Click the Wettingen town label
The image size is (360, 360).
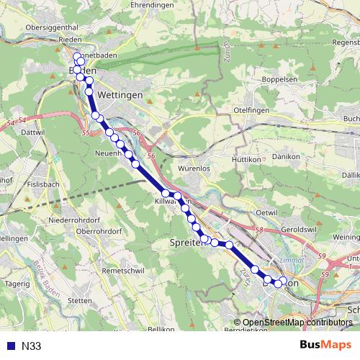119,94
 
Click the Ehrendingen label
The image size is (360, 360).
153,5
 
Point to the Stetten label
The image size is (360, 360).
79,300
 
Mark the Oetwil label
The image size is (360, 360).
266,212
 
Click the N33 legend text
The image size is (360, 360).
31,346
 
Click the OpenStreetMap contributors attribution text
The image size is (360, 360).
297,322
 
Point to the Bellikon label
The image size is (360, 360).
161,328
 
